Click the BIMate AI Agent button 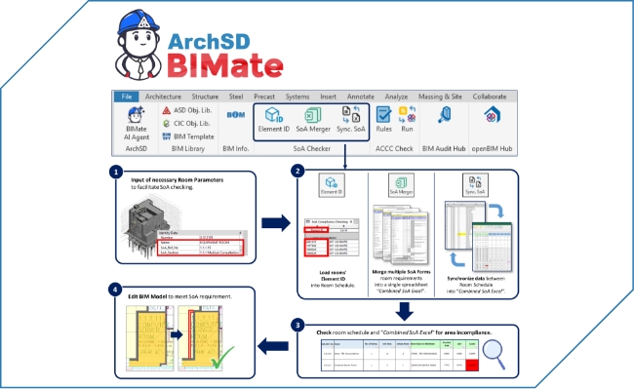click(x=136, y=122)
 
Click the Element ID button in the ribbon click(x=272, y=121)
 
